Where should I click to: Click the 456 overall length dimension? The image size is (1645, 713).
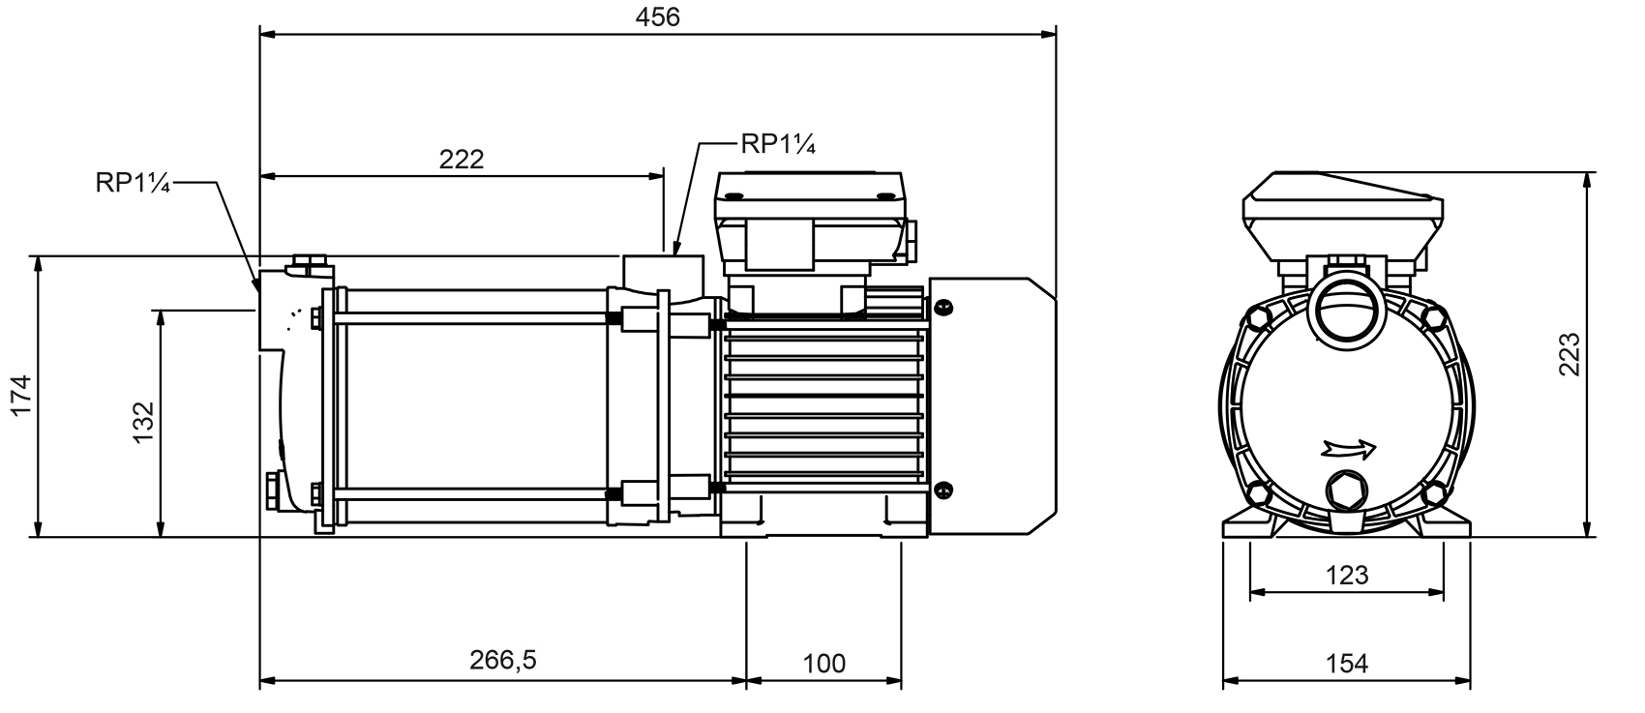pyautogui.click(x=658, y=16)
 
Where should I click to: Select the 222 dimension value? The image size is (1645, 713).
pyautogui.click(x=461, y=159)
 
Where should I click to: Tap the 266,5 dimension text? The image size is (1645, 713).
pyautogui.click(x=502, y=661)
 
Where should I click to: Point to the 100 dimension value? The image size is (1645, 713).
pyautogui.click(x=823, y=664)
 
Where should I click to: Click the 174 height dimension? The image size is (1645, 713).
pyautogui.click(x=21, y=396)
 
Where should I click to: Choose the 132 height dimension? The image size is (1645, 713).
pyautogui.click(x=143, y=422)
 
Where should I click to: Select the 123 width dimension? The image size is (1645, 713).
pyautogui.click(x=1346, y=576)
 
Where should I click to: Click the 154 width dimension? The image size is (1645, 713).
pyautogui.click(x=1346, y=664)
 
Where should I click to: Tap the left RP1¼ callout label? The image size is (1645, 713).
pyautogui.click(x=133, y=184)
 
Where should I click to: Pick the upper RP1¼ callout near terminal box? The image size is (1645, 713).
pyautogui.click(x=778, y=144)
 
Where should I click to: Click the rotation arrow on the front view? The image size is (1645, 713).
pyautogui.click(x=1347, y=448)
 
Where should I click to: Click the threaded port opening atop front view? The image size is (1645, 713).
pyautogui.click(x=1345, y=314)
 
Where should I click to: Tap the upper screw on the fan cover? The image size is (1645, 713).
pyautogui.click(x=943, y=307)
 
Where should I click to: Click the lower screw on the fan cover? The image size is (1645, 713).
pyautogui.click(x=943, y=490)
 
